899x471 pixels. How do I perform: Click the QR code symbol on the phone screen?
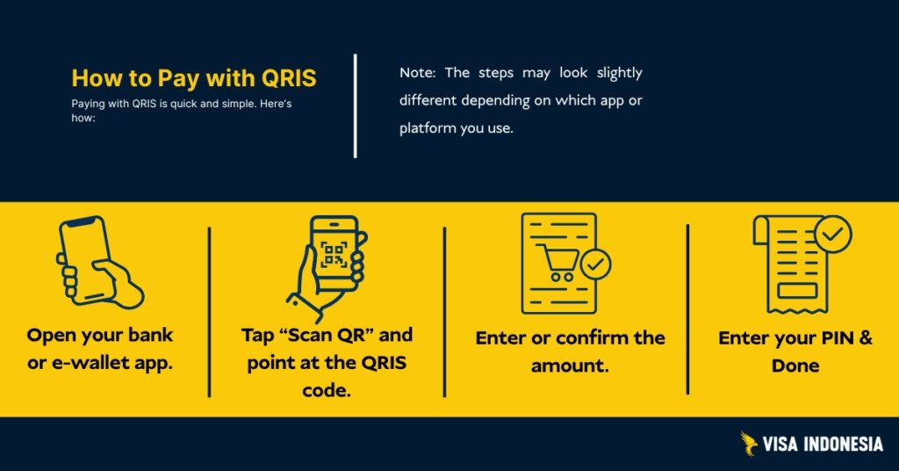(x=334, y=256)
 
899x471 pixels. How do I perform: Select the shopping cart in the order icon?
(x=558, y=263)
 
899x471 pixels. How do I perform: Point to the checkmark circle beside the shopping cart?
(x=597, y=264)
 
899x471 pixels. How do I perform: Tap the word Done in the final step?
(x=795, y=365)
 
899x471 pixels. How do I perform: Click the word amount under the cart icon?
(x=570, y=365)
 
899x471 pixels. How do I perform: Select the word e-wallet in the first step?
(x=88, y=362)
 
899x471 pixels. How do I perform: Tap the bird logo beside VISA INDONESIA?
(x=749, y=444)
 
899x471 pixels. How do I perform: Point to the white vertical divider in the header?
(x=356, y=105)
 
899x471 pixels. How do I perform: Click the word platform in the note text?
(x=428, y=127)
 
